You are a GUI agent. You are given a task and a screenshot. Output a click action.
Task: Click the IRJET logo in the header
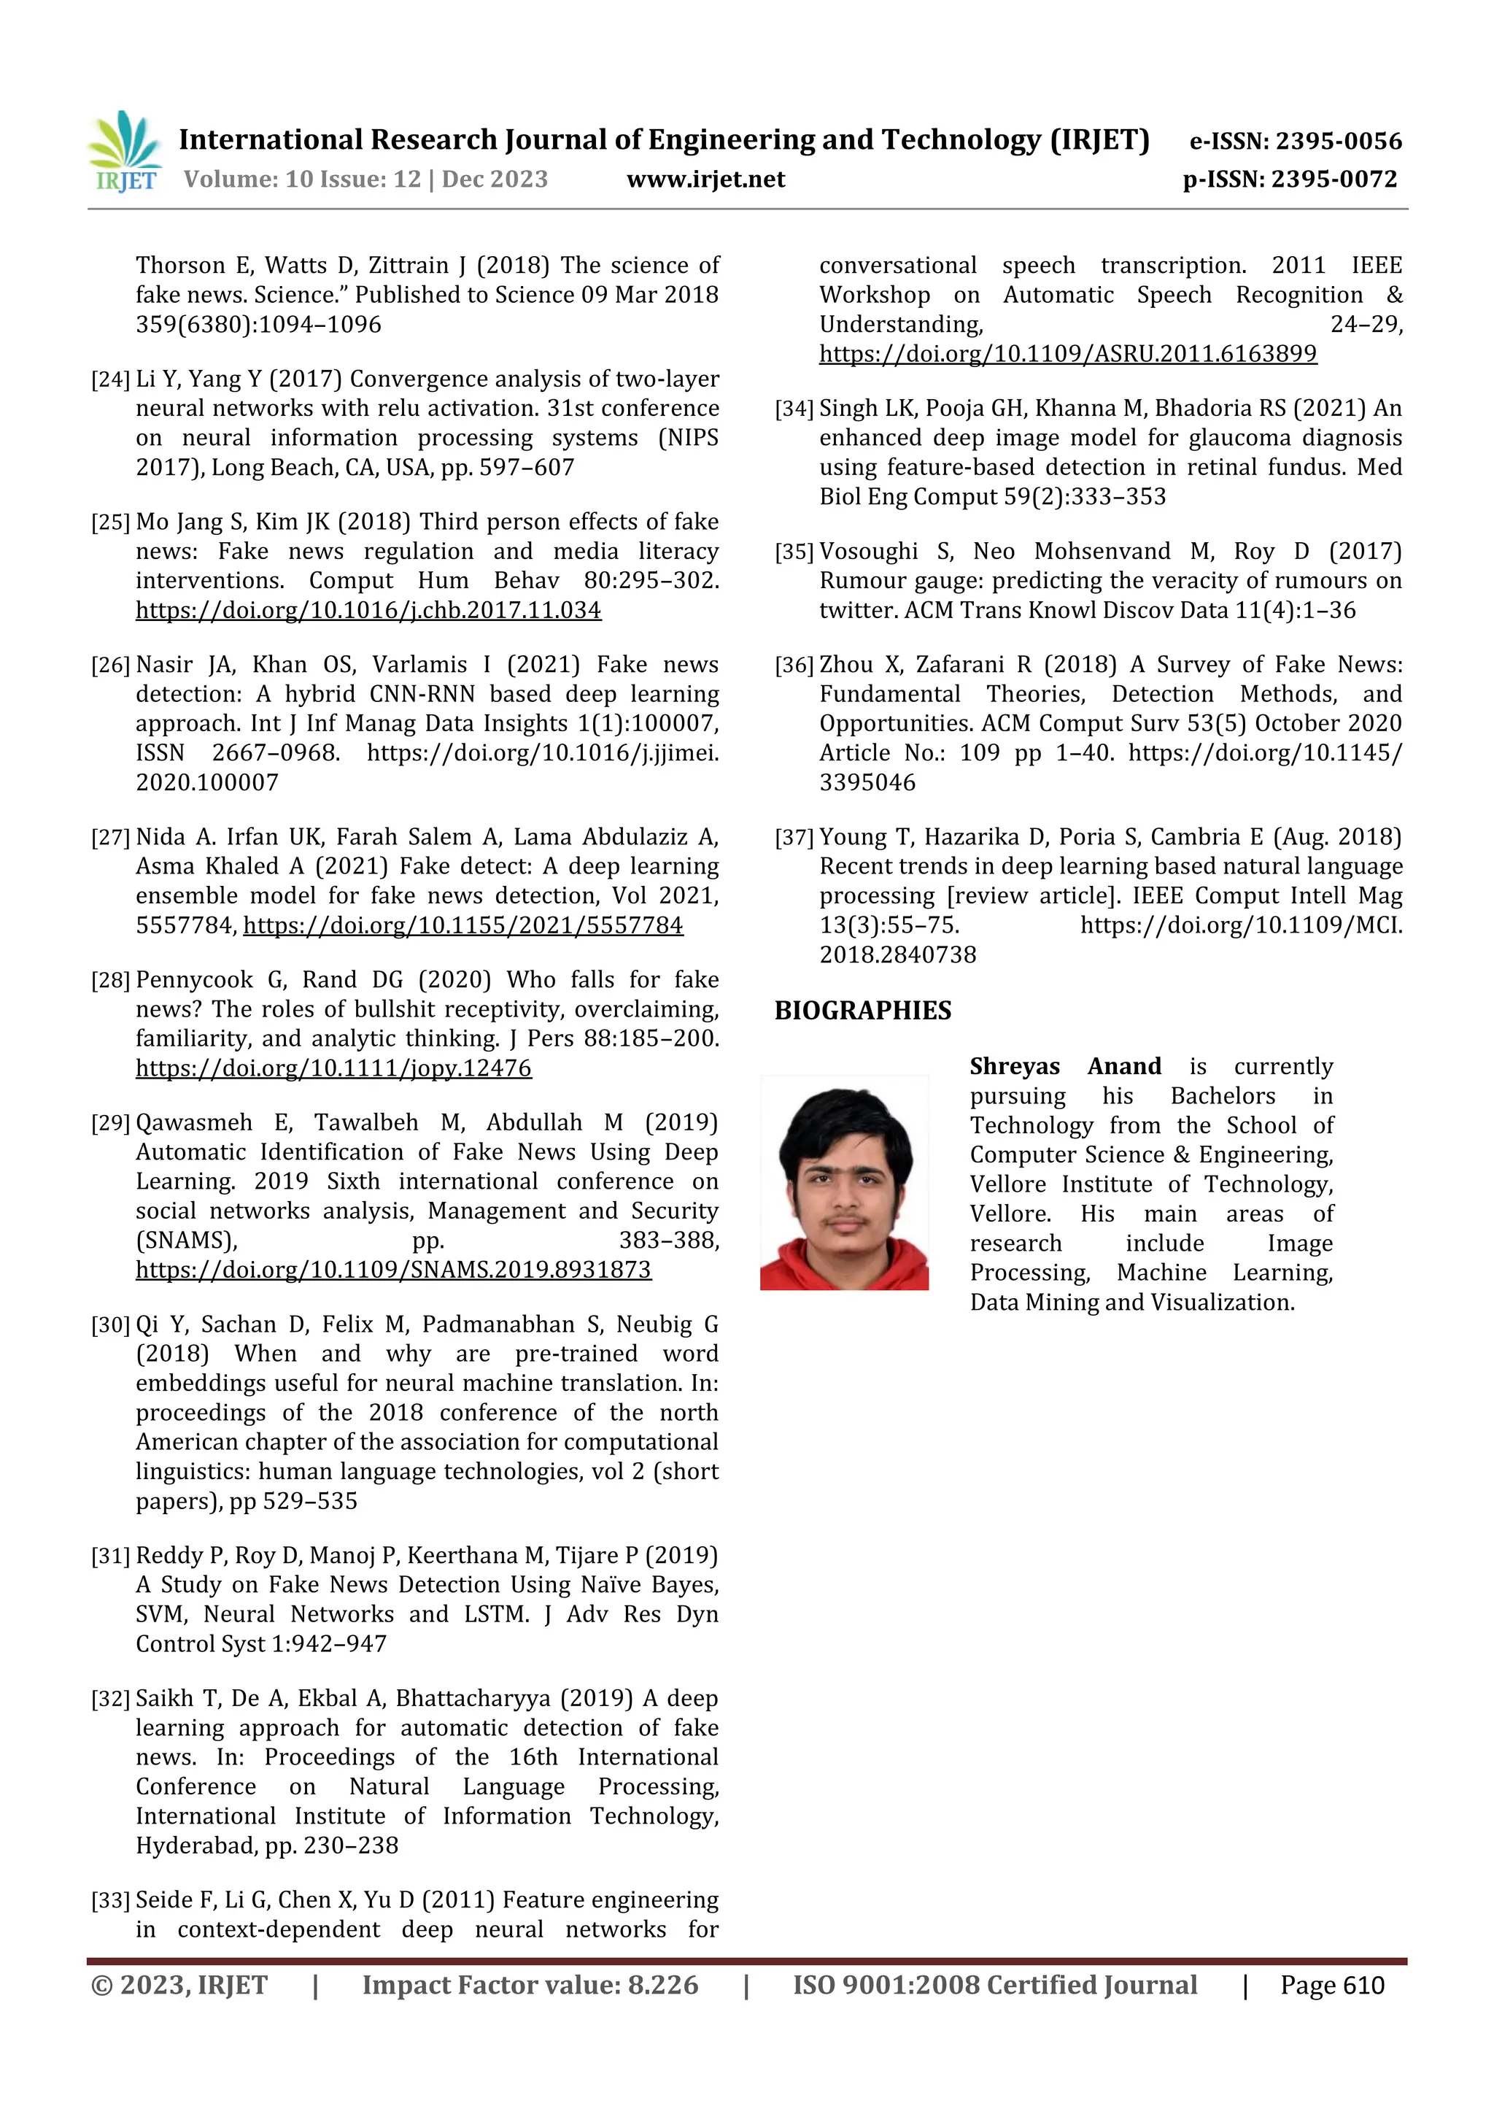pyautogui.click(x=125, y=152)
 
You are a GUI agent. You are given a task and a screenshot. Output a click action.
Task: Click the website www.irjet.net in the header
pyautogui.click(x=705, y=180)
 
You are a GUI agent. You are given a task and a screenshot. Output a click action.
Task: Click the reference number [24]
pyautogui.click(x=109, y=380)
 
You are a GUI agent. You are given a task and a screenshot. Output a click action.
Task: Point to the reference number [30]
pyautogui.click(x=109, y=1325)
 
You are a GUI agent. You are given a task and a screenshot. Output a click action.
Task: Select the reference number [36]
pyautogui.click(x=794, y=666)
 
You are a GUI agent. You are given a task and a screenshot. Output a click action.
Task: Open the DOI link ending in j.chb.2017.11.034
pyautogui.click(x=368, y=611)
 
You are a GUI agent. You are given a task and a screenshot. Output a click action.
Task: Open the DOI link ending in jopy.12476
pyautogui.click(x=333, y=1068)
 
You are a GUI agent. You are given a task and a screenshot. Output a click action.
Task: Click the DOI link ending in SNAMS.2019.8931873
pyautogui.click(x=393, y=1270)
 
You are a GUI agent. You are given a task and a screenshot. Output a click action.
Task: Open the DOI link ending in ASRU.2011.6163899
pyautogui.click(x=1068, y=355)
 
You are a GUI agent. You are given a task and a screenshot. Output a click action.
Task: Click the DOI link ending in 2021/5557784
pyautogui.click(x=463, y=925)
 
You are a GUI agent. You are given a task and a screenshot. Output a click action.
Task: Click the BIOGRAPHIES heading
pyautogui.click(x=862, y=1011)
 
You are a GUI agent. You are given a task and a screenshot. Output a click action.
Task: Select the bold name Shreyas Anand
pyautogui.click(x=1064, y=1066)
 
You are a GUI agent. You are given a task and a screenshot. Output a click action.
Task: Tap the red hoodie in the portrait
pyautogui.click(x=844, y=1270)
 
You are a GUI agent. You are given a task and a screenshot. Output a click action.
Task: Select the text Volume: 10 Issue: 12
pyautogui.click(x=302, y=180)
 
